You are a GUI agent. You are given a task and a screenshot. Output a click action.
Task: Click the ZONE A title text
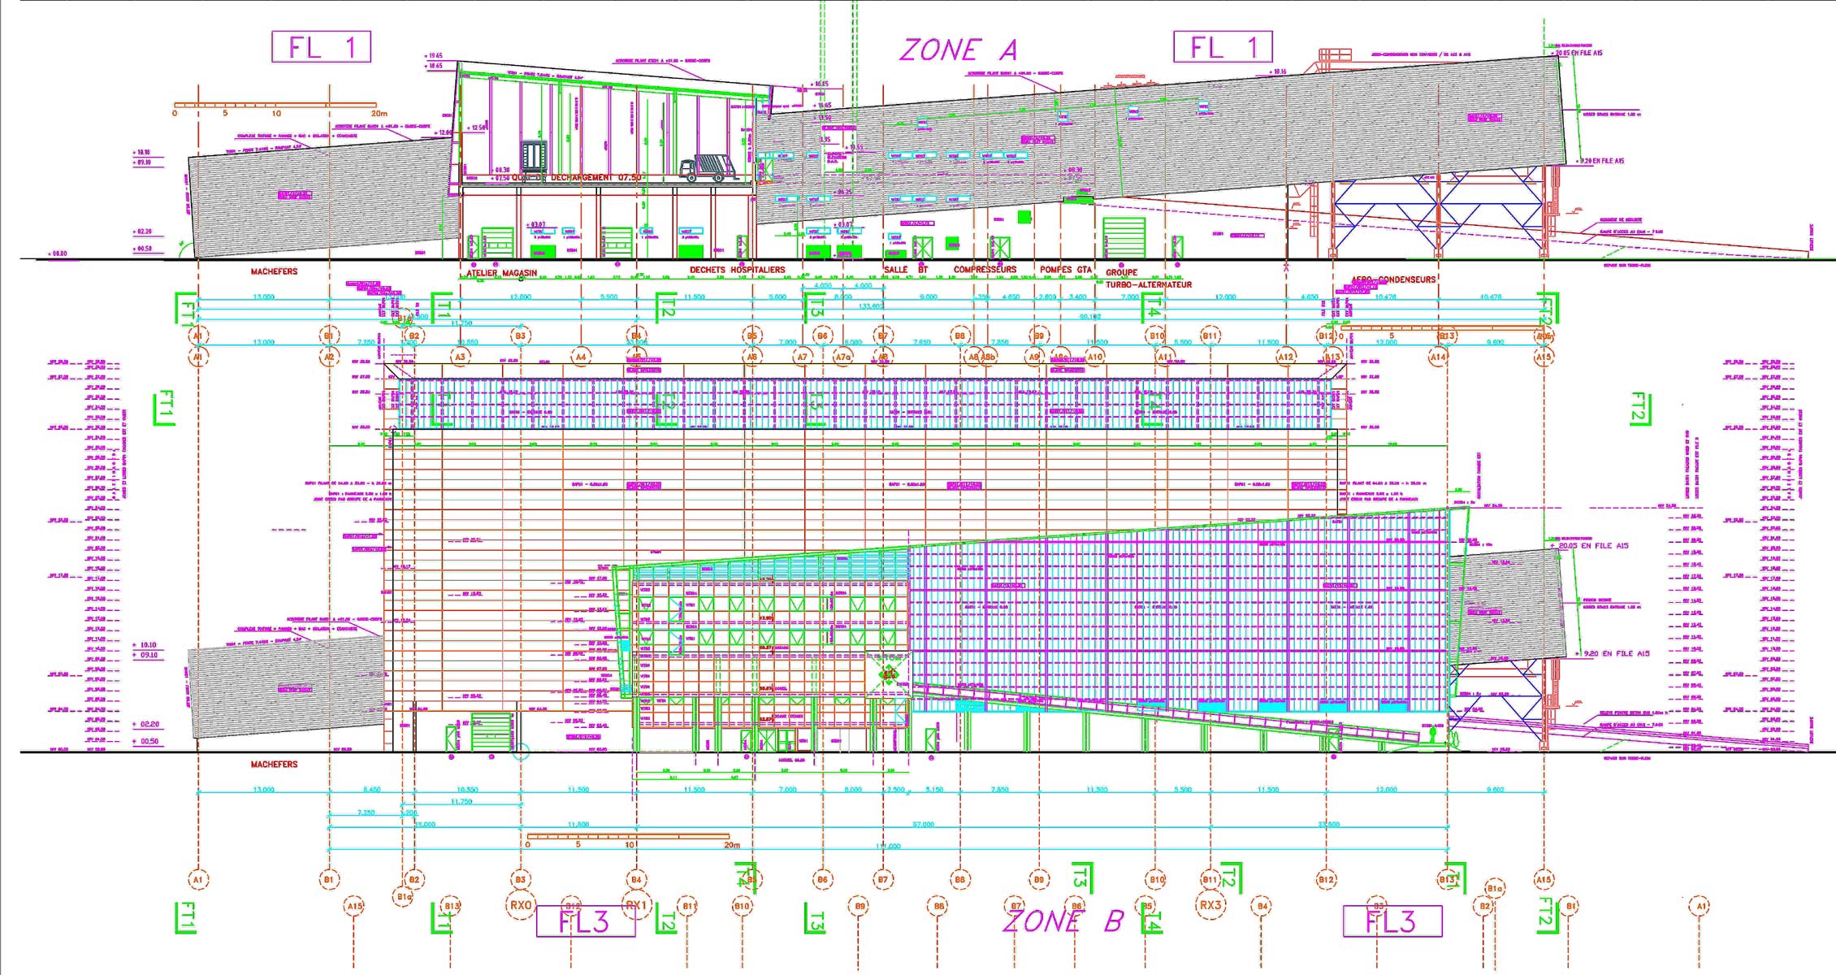[x=958, y=50]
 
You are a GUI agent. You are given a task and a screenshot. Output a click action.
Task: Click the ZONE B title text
[x=1063, y=921]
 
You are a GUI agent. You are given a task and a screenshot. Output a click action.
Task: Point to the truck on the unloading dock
[x=707, y=168]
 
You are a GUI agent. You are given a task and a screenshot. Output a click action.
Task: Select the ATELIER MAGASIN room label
[x=501, y=273]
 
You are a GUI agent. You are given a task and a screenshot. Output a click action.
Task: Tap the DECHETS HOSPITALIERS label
[x=737, y=270]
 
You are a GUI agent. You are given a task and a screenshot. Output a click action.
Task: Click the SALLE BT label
[x=905, y=270]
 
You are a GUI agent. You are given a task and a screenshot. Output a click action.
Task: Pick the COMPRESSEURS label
[x=985, y=270]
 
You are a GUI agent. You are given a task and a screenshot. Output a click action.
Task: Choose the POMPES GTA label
[x=1065, y=270]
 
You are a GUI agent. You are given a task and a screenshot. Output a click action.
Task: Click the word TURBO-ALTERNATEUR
[x=1148, y=284]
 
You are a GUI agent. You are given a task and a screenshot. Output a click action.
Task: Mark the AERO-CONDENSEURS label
[x=1393, y=279]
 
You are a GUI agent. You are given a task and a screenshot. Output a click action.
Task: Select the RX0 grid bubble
[x=521, y=905]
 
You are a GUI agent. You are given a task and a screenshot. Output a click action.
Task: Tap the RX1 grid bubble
[x=636, y=905]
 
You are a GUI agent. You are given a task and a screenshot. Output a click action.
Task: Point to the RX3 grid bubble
[x=1210, y=905]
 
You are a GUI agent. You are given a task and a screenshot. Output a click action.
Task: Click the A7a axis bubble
[x=843, y=357]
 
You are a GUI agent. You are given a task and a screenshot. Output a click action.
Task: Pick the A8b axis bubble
[x=988, y=357]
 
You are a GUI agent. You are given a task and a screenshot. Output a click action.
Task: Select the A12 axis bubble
[x=1285, y=357]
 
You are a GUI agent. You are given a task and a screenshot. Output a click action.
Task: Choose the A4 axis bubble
[x=580, y=357]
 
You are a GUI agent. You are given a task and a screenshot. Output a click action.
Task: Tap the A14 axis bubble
[x=1438, y=357]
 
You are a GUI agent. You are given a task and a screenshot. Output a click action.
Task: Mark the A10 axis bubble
[x=1095, y=357]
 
